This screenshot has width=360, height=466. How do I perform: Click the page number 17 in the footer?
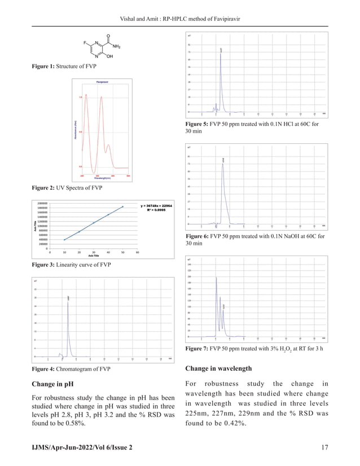(x=324, y=447)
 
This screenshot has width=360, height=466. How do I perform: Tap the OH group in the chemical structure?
(x=109, y=56)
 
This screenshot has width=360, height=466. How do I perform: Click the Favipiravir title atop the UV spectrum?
(x=102, y=82)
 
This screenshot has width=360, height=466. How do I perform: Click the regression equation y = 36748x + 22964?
(x=156, y=206)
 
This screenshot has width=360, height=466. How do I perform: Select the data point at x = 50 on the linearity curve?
(x=123, y=206)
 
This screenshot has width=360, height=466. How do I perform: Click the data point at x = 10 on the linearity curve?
(x=64, y=239)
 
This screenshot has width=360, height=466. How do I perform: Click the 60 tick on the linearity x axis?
(x=138, y=252)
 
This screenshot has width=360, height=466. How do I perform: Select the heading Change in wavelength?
(x=218, y=369)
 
